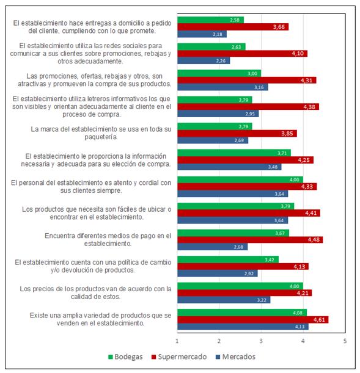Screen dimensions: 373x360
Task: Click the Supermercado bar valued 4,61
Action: [x=252, y=319]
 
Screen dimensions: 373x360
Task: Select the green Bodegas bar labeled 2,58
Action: [x=210, y=20]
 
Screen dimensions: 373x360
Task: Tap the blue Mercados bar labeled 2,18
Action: [x=202, y=34]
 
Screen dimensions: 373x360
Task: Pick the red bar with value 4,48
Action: [x=250, y=239]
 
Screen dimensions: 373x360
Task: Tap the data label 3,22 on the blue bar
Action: [x=262, y=300]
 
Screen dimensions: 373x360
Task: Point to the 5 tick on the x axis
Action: [x=345, y=340]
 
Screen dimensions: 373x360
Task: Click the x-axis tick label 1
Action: [x=177, y=340]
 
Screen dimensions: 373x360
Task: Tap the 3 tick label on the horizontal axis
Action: [x=261, y=340]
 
